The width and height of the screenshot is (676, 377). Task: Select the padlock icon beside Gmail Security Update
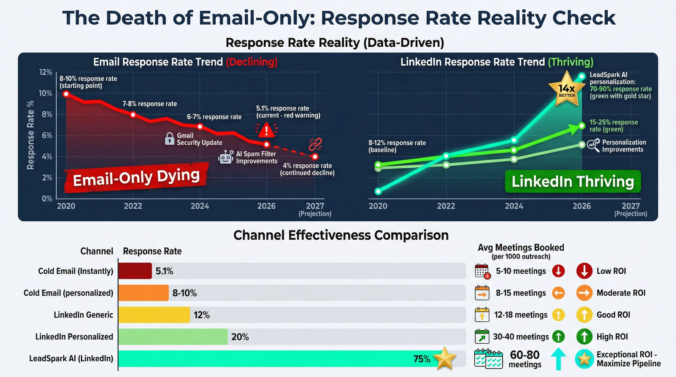[169, 138]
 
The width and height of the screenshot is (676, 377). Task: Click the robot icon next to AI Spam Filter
[226, 157]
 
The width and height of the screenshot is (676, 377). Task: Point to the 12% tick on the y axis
[46, 72]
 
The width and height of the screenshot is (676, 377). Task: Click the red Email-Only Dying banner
[136, 178]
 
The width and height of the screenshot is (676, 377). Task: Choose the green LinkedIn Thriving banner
[573, 181]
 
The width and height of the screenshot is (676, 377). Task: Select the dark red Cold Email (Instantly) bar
[135, 271]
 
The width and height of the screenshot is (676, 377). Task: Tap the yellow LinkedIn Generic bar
[154, 315]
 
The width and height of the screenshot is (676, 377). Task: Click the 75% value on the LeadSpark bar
[422, 359]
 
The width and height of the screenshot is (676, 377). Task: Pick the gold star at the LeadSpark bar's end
[445, 358]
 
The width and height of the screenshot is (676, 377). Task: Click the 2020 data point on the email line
[66, 94]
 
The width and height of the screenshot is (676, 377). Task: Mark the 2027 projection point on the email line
[315, 157]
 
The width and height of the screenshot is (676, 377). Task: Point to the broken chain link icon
[315, 144]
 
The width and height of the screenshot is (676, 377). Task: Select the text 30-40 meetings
[521, 337]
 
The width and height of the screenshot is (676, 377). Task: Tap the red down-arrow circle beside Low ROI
[584, 271]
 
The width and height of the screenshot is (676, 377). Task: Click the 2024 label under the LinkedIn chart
[514, 206]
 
